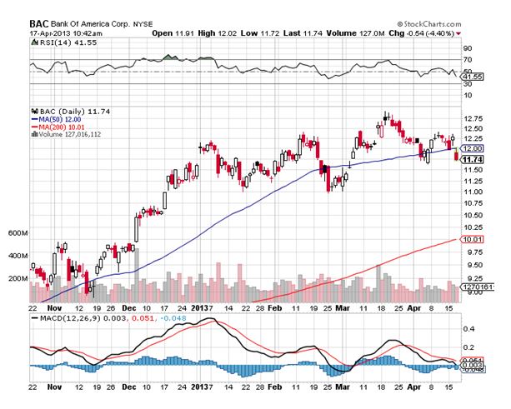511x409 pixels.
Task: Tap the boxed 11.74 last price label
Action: click(473, 159)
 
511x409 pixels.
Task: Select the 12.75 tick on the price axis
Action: click(473, 117)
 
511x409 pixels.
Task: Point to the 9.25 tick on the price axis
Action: click(473, 278)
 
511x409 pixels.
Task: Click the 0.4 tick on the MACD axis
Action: click(468, 329)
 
